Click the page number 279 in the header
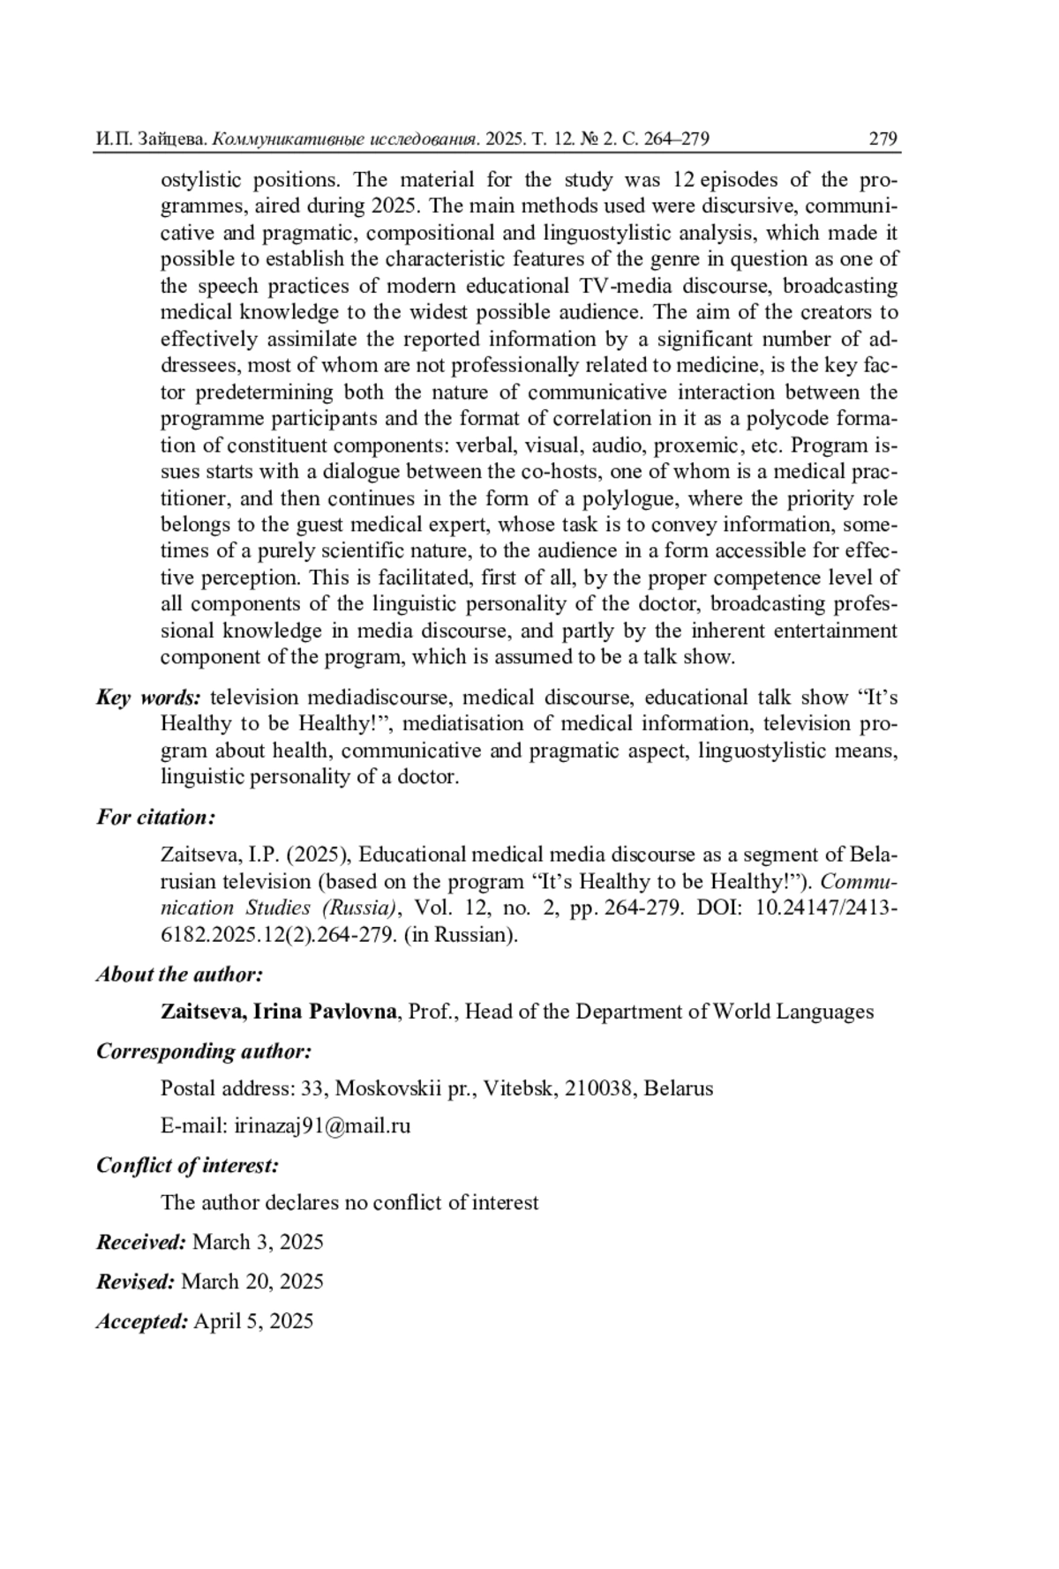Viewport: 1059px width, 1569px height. tap(882, 138)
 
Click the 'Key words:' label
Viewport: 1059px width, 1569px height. tap(148, 698)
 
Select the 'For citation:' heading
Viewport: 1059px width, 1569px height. tap(155, 818)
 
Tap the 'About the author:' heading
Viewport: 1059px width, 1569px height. tap(179, 975)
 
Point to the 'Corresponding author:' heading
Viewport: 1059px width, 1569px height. tap(204, 1051)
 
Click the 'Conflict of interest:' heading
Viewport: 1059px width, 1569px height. tap(187, 1165)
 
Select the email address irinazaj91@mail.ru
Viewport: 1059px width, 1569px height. tap(322, 1126)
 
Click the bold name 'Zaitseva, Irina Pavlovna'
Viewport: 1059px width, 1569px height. tap(278, 1012)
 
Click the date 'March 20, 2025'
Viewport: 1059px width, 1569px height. tap(252, 1281)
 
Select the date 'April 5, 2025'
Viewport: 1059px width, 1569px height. tap(253, 1321)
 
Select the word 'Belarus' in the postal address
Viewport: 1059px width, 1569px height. tap(678, 1088)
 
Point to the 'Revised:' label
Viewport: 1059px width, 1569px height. tap(136, 1281)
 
